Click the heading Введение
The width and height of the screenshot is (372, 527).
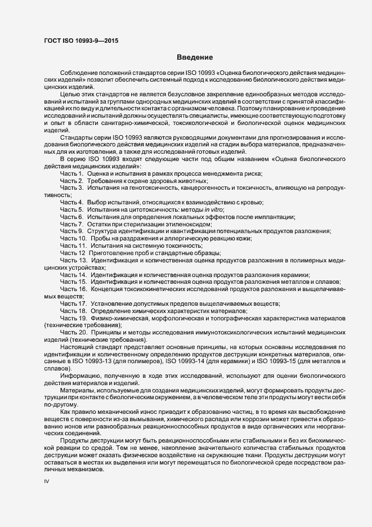(x=194, y=57)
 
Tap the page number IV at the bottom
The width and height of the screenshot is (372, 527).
(x=47, y=483)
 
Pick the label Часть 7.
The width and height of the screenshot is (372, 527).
(x=71, y=224)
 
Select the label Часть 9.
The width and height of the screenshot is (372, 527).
(x=71, y=231)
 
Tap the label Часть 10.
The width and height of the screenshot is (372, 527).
(x=73, y=239)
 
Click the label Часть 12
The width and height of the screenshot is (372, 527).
(x=73, y=253)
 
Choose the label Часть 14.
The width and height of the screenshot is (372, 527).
(x=73, y=274)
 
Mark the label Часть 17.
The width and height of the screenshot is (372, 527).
(x=73, y=303)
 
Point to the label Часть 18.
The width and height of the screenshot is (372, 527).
(x=73, y=311)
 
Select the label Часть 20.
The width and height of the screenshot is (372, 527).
(x=73, y=332)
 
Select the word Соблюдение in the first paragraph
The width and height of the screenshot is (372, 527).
(x=79, y=74)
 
